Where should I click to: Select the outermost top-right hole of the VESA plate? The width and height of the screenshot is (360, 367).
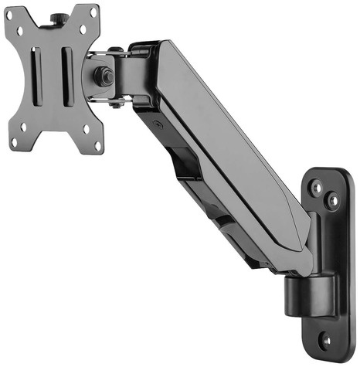[x=93, y=13]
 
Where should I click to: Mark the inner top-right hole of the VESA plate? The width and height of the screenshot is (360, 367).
[x=80, y=29]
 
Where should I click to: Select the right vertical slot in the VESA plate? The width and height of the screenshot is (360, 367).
[x=67, y=79]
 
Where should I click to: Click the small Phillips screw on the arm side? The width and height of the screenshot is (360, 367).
[x=156, y=122]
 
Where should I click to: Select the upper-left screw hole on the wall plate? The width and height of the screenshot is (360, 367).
[x=315, y=186]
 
